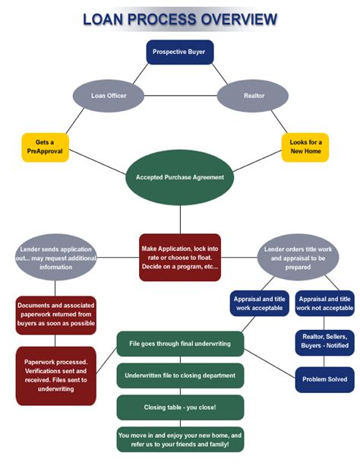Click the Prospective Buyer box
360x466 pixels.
(x=179, y=52)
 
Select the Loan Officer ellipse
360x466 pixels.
(x=108, y=96)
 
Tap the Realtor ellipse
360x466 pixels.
(x=253, y=96)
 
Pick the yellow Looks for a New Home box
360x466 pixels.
(x=305, y=147)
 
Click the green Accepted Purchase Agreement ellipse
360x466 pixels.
(x=180, y=177)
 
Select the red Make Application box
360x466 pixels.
(x=180, y=257)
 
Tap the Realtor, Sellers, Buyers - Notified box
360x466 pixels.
(x=325, y=341)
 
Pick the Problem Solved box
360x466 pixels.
(x=325, y=379)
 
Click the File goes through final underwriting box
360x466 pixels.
(x=180, y=343)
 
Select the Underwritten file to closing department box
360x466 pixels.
(x=180, y=375)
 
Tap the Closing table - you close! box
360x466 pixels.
(x=180, y=407)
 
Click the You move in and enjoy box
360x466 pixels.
(x=180, y=439)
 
